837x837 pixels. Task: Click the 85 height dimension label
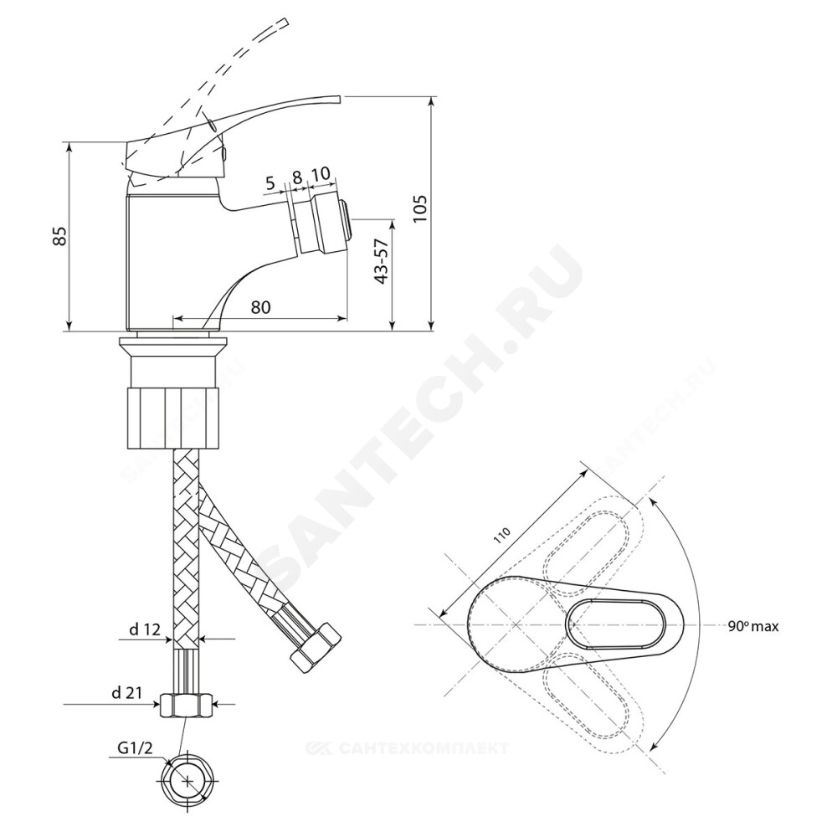[x=60, y=236]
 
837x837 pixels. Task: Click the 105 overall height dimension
[x=420, y=208]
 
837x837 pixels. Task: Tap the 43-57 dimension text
[x=381, y=261]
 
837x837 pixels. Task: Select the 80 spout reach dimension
[x=260, y=307]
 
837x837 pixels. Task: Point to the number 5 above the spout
[x=270, y=184]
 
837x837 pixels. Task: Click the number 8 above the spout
[x=297, y=176]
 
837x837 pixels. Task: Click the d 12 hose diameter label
[x=144, y=630]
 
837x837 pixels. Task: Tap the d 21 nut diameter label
[x=126, y=693]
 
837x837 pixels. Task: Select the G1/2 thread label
[x=135, y=748]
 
